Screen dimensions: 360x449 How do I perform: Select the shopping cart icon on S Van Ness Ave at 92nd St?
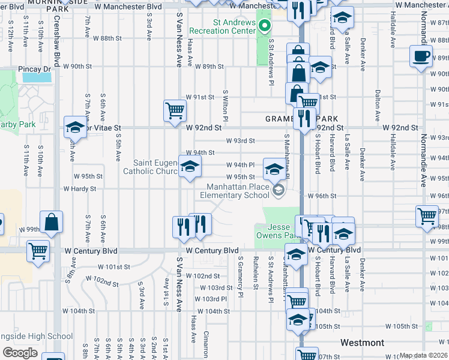point(174,110)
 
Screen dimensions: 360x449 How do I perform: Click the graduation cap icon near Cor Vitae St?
point(76,127)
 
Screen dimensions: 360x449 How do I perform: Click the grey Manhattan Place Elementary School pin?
point(278,190)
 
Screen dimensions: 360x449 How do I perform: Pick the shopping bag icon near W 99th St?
point(52,222)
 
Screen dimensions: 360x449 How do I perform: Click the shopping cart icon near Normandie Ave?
point(427,216)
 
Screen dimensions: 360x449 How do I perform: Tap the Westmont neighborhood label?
point(362,343)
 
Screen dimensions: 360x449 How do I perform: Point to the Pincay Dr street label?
point(34,69)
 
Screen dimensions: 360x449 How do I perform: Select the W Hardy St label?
point(84,188)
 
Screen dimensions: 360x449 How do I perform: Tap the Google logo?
point(20,353)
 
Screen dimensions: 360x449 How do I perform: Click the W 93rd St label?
point(241,141)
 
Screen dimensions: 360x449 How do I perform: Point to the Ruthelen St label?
point(256,273)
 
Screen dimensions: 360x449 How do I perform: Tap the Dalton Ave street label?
point(378,103)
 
